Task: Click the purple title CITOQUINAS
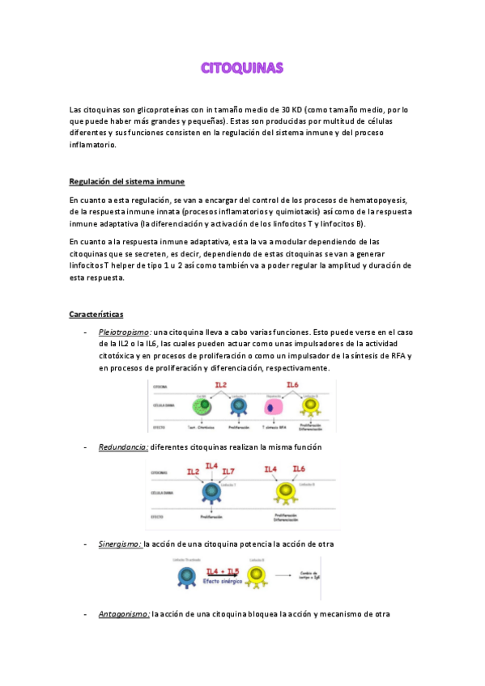pos(242,68)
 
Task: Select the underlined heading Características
pos(96,314)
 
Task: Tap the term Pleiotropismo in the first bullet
pos(124,332)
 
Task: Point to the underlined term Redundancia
pos(122,447)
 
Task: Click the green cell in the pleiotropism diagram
pos(202,405)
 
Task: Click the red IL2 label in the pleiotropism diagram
pos(220,385)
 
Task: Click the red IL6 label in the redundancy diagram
pos(298,469)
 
